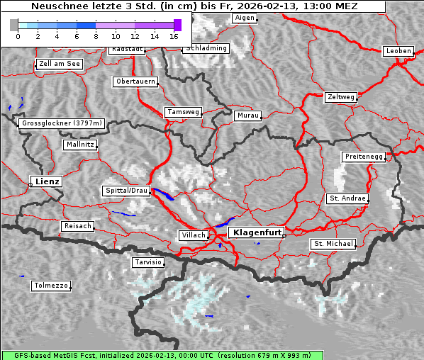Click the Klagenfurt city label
click(258, 232)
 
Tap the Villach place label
click(193, 235)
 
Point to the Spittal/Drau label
click(126, 191)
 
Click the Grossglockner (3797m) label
click(62, 123)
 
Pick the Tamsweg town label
click(184, 112)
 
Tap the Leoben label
click(398, 51)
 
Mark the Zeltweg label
click(340, 96)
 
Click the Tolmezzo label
click(51, 286)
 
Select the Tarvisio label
click(148, 262)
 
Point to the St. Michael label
click(333, 244)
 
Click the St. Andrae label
click(347, 198)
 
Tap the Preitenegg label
click(364, 156)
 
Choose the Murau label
click(248, 115)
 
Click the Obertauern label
click(135, 81)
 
